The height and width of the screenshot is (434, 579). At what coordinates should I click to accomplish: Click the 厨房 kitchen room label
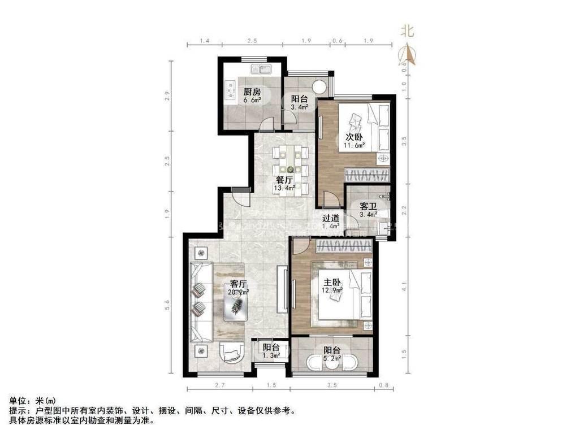click(x=252, y=92)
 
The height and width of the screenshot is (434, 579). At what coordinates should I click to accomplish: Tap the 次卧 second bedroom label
click(x=355, y=137)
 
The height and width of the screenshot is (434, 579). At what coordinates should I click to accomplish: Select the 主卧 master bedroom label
click(x=332, y=282)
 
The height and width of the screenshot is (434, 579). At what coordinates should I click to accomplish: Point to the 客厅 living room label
click(x=238, y=284)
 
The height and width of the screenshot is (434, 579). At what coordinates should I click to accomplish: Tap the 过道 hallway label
click(x=331, y=218)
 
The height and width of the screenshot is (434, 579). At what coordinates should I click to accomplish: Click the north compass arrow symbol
click(x=407, y=54)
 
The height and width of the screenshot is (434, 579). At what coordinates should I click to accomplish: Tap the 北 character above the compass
click(x=407, y=31)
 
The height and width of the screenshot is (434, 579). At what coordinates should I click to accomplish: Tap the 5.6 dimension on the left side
click(x=167, y=306)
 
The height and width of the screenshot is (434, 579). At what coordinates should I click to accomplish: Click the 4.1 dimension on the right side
click(x=403, y=285)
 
